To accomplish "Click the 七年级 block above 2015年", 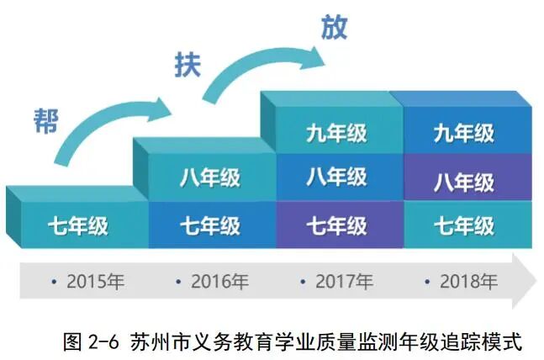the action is (x=77, y=226).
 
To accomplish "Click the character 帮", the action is (x=49, y=119).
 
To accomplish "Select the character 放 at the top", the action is (x=333, y=26).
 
